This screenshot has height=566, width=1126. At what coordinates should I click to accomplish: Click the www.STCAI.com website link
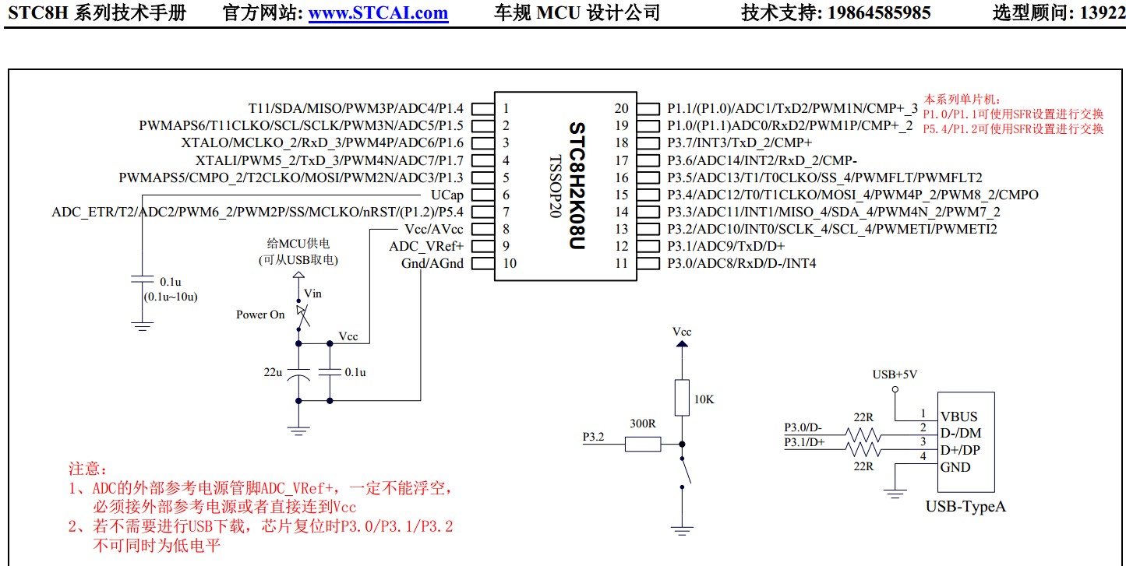click(378, 12)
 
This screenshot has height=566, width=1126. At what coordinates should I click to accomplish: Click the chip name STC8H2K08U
click(577, 185)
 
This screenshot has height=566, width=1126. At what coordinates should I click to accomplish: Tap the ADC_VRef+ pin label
click(426, 246)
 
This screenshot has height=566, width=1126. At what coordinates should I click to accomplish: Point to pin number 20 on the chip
click(621, 108)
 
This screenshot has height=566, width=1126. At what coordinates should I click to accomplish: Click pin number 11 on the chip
click(621, 263)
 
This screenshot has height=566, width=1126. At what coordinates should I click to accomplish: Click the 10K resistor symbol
click(682, 398)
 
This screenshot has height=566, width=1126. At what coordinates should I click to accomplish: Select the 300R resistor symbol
click(643, 445)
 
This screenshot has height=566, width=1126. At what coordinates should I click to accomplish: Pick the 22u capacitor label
click(273, 372)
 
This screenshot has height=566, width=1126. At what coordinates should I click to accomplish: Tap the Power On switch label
click(260, 315)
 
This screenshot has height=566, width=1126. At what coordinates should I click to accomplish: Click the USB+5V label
click(895, 374)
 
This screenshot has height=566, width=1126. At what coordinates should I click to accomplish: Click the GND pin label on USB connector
click(955, 467)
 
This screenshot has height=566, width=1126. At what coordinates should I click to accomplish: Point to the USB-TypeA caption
click(965, 507)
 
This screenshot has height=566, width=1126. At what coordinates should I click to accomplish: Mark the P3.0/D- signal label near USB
click(803, 427)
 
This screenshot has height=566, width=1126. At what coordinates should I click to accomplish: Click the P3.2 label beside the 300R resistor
click(594, 438)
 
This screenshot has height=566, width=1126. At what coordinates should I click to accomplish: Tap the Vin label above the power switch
click(312, 294)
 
